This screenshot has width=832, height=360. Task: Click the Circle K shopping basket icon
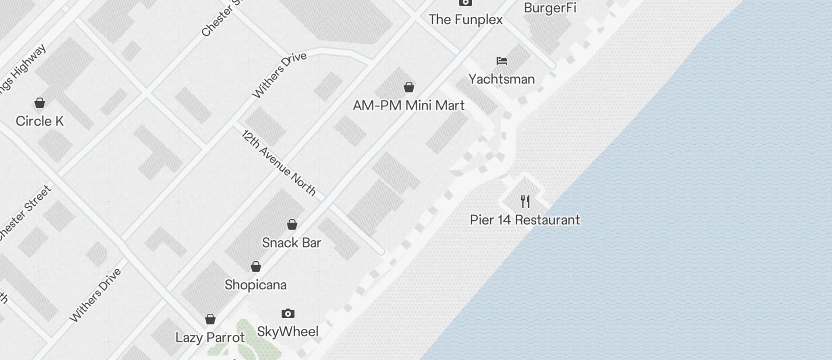pyautogui.click(x=40, y=103)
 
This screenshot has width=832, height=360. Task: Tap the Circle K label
pyautogui.click(x=40, y=121)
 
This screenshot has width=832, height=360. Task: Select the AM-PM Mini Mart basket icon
pyautogui.click(x=409, y=87)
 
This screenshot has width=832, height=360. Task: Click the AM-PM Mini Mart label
pyautogui.click(x=409, y=105)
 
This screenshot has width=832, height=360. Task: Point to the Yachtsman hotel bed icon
pyautogui.click(x=502, y=61)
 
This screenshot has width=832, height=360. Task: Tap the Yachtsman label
pyautogui.click(x=502, y=79)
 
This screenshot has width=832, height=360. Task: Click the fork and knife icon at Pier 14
pyautogui.click(x=525, y=202)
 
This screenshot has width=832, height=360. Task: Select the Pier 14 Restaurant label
pyautogui.click(x=525, y=220)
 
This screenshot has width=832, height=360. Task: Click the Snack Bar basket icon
pyautogui.click(x=292, y=224)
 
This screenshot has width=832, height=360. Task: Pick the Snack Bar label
pyautogui.click(x=292, y=243)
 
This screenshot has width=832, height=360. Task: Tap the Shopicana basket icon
pyautogui.click(x=256, y=266)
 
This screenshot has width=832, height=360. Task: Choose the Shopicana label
pyautogui.click(x=256, y=285)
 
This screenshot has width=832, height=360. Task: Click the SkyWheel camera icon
pyautogui.click(x=288, y=314)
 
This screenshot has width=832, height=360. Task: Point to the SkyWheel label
pyautogui.click(x=288, y=332)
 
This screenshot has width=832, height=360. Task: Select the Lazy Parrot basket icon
pyautogui.click(x=210, y=319)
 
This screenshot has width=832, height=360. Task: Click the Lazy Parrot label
pyautogui.click(x=210, y=337)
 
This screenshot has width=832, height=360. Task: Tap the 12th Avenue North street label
pyautogui.click(x=279, y=163)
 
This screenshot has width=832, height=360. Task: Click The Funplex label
pyautogui.click(x=466, y=19)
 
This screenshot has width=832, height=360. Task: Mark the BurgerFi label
pyautogui.click(x=550, y=8)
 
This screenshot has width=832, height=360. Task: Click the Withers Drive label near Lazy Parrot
pyautogui.click(x=96, y=295)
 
